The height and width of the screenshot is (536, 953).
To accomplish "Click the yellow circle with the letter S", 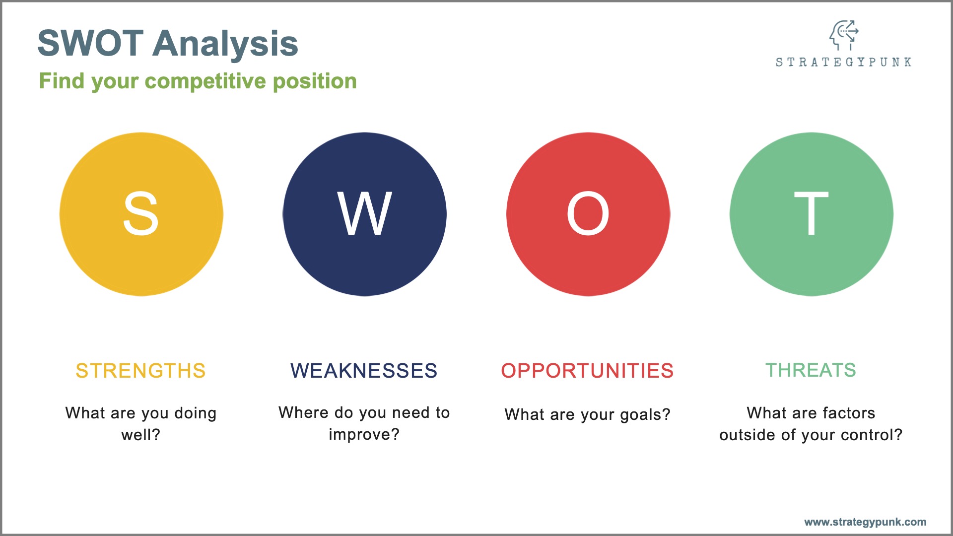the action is click(x=141, y=214).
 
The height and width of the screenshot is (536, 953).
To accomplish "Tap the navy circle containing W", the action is click(x=365, y=214).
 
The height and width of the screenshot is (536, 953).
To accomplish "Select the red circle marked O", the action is click(x=588, y=214).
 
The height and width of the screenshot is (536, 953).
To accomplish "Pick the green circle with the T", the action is click(x=812, y=214).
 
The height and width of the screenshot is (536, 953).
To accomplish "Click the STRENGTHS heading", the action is click(x=140, y=371).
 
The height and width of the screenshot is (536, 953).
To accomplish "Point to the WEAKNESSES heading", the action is click(x=364, y=371).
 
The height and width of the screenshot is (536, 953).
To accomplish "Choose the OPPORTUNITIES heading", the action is click(x=587, y=371).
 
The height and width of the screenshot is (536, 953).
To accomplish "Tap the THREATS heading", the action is click(x=811, y=370).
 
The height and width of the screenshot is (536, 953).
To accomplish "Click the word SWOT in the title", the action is click(x=91, y=43).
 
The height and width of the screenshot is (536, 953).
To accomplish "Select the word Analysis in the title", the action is click(x=226, y=43).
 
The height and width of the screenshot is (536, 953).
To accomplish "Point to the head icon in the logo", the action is click(x=844, y=35).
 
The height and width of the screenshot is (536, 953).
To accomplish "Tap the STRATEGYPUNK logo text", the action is click(x=843, y=62).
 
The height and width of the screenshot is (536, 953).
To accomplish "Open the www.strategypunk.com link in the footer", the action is click(x=865, y=522).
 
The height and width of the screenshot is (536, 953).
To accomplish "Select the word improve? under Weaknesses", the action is click(x=364, y=435).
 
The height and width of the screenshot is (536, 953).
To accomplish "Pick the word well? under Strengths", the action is click(x=141, y=435).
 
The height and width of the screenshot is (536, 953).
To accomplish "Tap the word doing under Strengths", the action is click(x=196, y=414).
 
